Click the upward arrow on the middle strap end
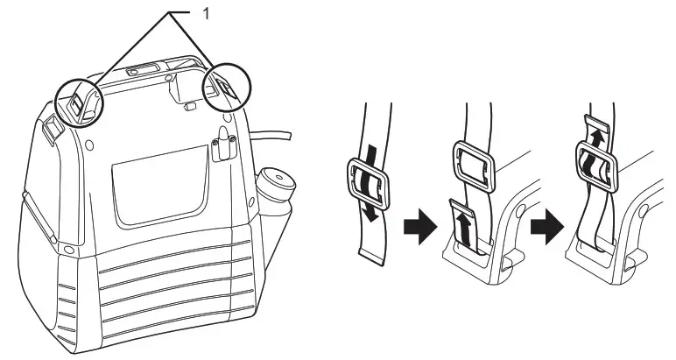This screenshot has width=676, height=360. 464,229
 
